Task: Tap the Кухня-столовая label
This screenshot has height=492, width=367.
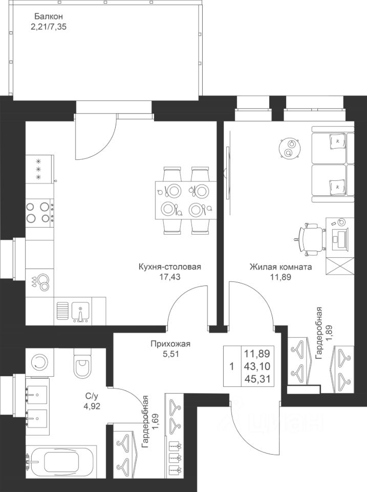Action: pyautogui.click(x=169, y=267)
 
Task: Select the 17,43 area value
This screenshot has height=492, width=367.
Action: pyautogui.click(x=170, y=277)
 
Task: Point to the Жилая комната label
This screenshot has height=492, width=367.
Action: pyautogui.click(x=280, y=267)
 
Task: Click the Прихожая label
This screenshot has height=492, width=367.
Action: pyautogui.click(x=170, y=344)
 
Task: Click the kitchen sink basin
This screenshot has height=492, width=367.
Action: pyautogui.click(x=80, y=312)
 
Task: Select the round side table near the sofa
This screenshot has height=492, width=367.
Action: pyautogui.click(x=290, y=148)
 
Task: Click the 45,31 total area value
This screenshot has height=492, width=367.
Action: pyautogui.click(x=257, y=378)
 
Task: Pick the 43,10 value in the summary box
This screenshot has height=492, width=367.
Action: pyautogui.click(x=257, y=366)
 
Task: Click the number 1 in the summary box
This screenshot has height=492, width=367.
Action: pyautogui.click(x=231, y=366)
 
